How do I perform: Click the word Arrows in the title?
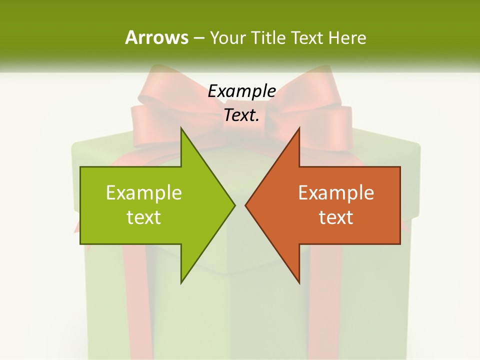[x=156, y=37]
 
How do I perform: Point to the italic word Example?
[x=242, y=91]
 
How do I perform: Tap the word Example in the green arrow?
[x=144, y=192]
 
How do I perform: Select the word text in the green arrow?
[x=144, y=217]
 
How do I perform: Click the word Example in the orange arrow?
[x=336, y=192]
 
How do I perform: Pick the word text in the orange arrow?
[x=336, y=217]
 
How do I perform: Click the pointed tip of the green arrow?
[x=233, y=205]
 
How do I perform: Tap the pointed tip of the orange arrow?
[x=246, y=205]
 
